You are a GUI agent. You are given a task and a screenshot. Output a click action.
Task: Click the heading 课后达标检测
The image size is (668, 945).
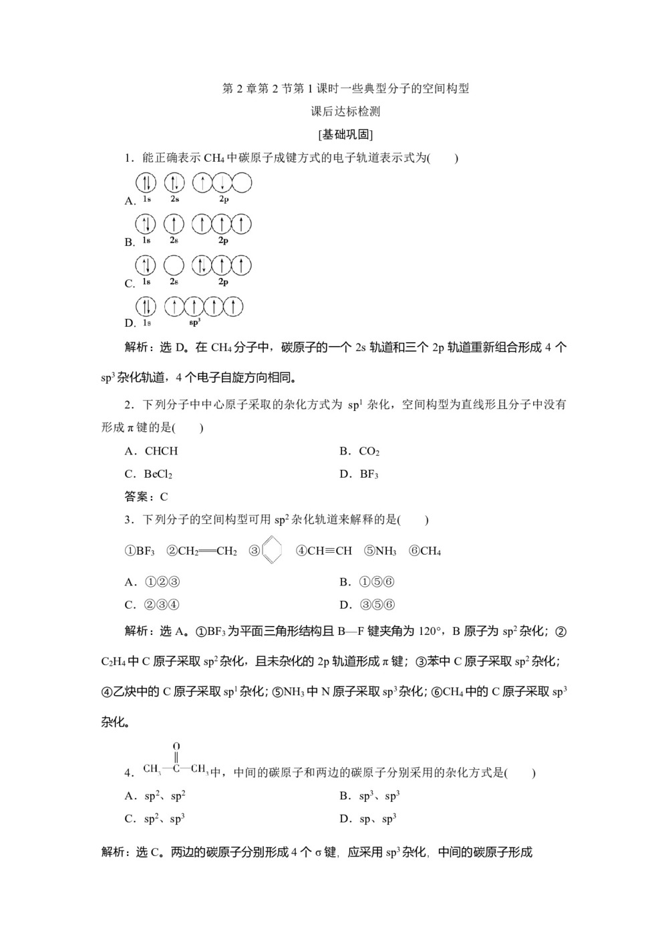(x=345, y=112)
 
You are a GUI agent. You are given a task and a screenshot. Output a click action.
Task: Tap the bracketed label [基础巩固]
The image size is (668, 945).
(x=345, y=134)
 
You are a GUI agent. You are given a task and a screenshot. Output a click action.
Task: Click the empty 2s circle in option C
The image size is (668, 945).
(x=174, y=265)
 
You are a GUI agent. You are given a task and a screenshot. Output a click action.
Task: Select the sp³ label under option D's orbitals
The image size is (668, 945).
(x=194, y=323)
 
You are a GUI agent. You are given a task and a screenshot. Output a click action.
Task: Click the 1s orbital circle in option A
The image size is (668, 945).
(x=146, y=182)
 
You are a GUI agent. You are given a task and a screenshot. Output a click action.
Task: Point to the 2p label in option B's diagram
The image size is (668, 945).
(x=223, y=241)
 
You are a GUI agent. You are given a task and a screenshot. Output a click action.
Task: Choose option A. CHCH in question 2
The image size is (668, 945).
(x=152, y=451)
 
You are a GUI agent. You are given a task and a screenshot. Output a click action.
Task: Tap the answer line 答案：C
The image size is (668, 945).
(x=146, y=497)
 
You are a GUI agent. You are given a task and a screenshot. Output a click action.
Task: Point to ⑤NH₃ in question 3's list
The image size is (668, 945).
(x=380, y=551)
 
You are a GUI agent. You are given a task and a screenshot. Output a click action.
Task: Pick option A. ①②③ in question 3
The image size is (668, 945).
(x=153, y=582)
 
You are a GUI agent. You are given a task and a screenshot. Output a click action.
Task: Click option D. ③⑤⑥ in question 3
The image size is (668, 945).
(x=367, y=605)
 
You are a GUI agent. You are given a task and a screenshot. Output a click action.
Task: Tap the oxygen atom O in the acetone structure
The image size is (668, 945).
(x=176, y=746)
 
